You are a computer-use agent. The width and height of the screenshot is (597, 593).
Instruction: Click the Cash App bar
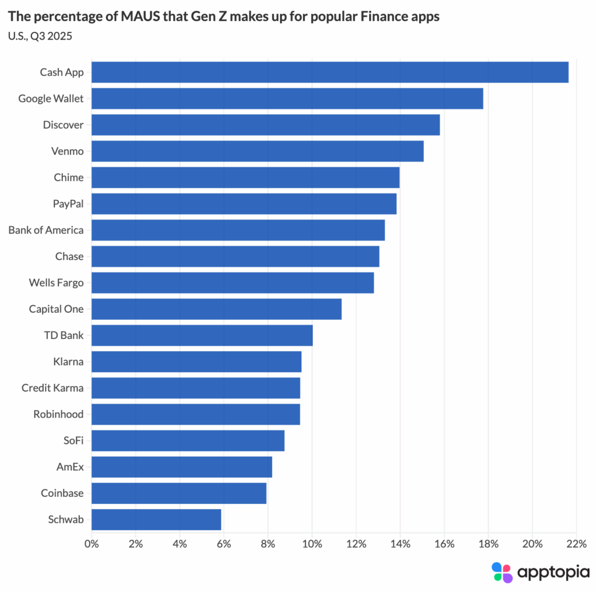tap(330, 72)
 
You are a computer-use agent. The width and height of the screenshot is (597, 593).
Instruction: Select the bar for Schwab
tap(156, 520)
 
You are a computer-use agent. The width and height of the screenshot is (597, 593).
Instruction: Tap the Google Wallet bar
tap(287, 98)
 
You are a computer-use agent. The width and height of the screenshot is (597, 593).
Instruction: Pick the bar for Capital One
tap(216, 309)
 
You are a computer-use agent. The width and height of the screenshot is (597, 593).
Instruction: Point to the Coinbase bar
tap(179, 493)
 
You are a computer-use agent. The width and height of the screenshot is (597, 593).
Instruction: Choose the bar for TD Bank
tap(202, 336)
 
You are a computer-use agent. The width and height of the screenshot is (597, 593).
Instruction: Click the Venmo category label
tap(68, 151)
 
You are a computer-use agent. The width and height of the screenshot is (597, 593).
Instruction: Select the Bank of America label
tap(46, 230)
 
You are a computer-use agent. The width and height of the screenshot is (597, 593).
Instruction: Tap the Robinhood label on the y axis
tap(58, 414)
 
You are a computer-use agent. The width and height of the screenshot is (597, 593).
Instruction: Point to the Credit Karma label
tap(52, 388)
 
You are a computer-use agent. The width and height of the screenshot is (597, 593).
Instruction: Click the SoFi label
tap(73, 441)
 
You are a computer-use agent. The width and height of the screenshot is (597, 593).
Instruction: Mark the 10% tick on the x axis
tap(312, 544)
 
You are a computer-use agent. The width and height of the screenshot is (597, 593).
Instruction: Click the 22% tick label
tap(576, 544)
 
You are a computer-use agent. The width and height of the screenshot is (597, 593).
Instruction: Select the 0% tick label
tap(92, 544)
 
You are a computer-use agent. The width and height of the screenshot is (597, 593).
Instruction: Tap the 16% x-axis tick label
tap(444, 544)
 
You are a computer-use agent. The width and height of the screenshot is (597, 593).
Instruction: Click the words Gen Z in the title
tap(198, 17)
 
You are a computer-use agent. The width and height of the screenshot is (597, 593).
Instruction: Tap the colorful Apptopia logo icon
tap(502, 572)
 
